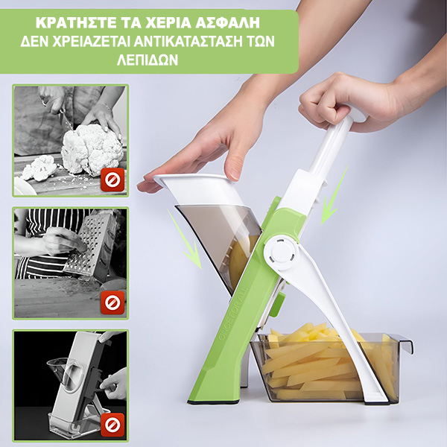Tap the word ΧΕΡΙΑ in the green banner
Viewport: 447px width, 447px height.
coord(168,23)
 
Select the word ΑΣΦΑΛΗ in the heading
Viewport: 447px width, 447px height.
coord(227,23)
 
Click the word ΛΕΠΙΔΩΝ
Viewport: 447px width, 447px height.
coord(148,60)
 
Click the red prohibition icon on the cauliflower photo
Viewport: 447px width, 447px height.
coord(112,180)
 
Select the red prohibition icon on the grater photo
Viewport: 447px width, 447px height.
coord(112,302)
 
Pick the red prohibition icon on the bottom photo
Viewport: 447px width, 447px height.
coord(112,425)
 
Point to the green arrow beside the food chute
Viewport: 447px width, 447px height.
coord(185,239)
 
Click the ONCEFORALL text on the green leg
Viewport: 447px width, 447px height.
coord(233,313)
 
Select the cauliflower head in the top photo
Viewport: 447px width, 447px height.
coord(92,149)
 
